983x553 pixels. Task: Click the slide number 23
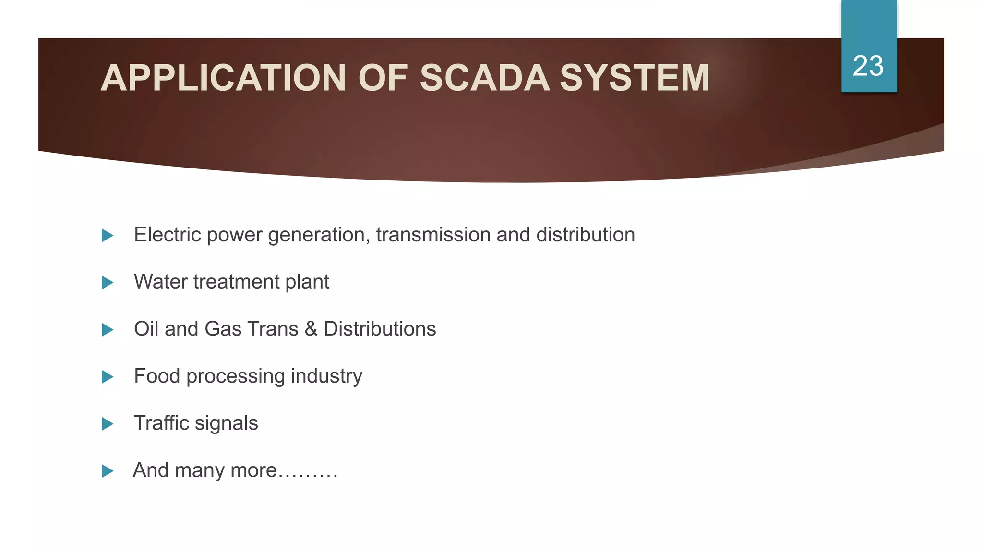[x=868, y=66]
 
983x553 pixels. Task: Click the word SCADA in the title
[x=485, y=78]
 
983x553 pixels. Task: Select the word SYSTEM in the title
[x=635, y=78]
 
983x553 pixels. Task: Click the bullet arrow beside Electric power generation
[x=108, y=236]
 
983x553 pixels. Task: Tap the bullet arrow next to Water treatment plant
[x=108, y=283]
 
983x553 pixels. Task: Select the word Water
[x=160, y=282]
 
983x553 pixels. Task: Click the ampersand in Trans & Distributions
[x=311, y=329]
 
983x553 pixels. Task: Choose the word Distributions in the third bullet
[x=380, y=329]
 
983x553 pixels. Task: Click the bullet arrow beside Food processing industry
[x=108, y=377]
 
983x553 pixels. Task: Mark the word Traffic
[x=161, y=423]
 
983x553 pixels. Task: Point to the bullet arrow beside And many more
[x=108, y=471]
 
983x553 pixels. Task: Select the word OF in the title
[x=383, y=78]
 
